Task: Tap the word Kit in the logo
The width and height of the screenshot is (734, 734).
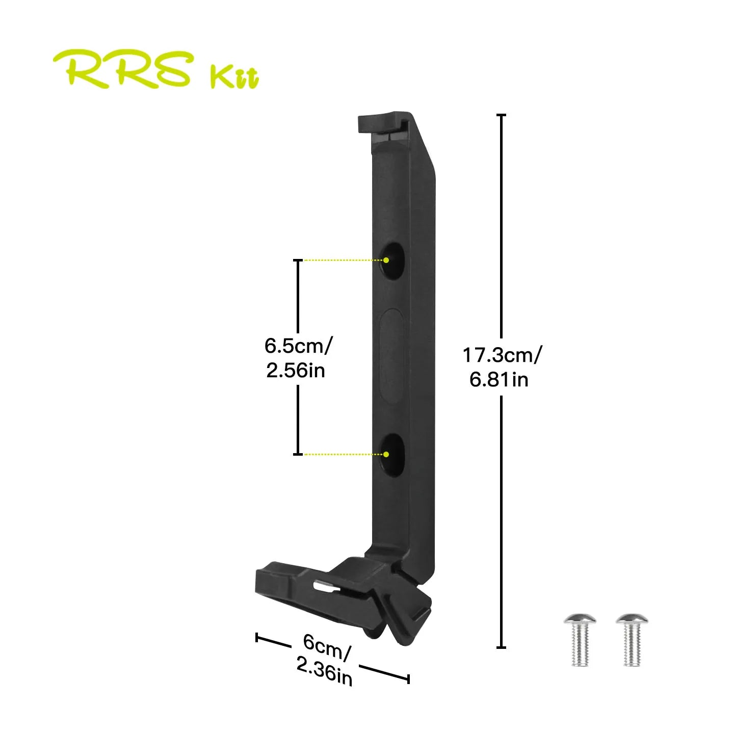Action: pyautogui.click(x=234, y=77)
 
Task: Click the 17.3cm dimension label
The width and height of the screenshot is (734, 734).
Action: pyautogui.click(x=502, y=355)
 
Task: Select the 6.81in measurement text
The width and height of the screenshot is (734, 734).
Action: pyautogui.click(x=499, y=380)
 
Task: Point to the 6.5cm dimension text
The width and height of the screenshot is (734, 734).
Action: pyautogui.click(x=298, y=346)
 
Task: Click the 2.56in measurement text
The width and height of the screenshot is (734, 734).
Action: pyautogui.click(x=296, y=370)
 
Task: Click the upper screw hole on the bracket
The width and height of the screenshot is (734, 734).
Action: pyautogui.click(x=392, y=260)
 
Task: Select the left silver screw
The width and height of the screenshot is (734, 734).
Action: pyautogui.click(x=580, y=640)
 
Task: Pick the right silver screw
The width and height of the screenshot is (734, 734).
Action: pyautogui.click(x=632, y=640)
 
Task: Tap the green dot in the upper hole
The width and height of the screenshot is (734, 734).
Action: pyautogui.click(x=386, y=260)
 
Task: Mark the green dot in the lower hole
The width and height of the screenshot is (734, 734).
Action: pyautogui.click(x=386, y=454)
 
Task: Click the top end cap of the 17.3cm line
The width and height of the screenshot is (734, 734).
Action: pyautogui.click(x=502, y=116)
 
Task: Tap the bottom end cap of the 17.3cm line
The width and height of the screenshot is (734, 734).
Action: pyautogui.click(x=502, y=647)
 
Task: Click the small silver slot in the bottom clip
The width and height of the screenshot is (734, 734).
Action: pyautogui.click(x=326, y=587)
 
